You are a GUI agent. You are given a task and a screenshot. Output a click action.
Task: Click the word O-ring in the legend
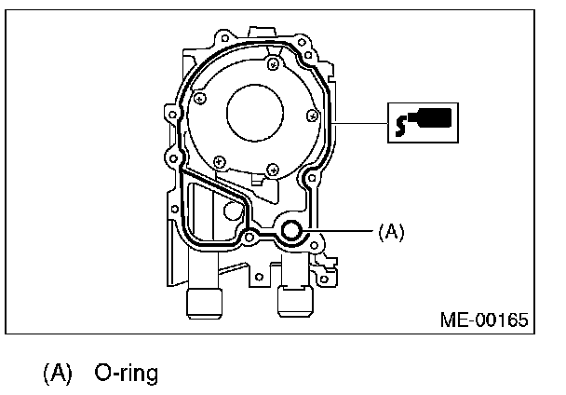pyautogui.click(x=126, y=374)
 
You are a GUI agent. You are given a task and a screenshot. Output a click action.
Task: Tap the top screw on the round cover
pyautogui.click(x=272, y=63)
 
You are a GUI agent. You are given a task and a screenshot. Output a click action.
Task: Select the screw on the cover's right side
pyautogui.click(x=313, y=116)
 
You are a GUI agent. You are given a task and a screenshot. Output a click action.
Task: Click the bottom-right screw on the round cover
pyautogui.click(x=270, y=169)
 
